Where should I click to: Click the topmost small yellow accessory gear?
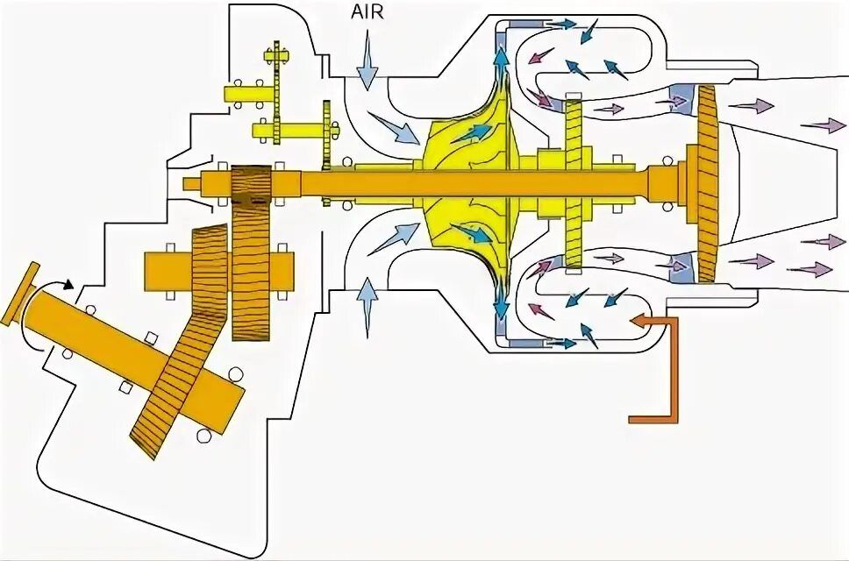278,56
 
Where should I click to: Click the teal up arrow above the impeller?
501,63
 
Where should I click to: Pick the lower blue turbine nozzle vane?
681,268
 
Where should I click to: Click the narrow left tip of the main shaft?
193,183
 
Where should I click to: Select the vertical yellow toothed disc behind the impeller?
574,184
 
